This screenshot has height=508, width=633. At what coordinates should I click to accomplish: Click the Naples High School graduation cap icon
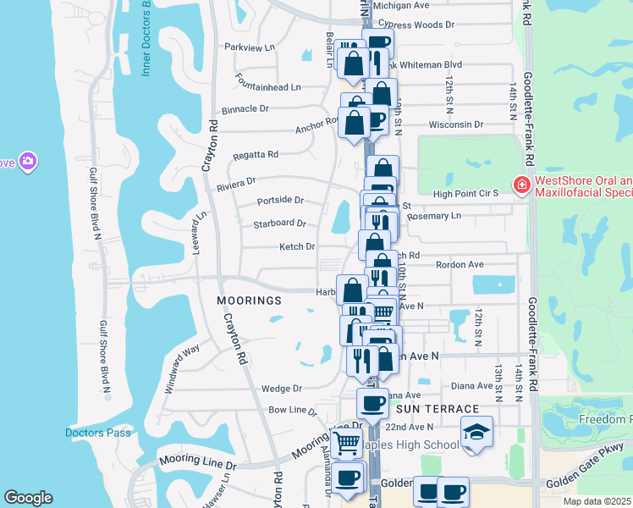click(477, 432)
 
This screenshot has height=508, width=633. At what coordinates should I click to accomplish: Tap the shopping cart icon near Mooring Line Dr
click(345, 442)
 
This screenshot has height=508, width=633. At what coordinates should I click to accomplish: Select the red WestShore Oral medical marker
click(522, 185)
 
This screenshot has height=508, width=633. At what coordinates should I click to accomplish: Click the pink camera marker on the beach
click(28, 161)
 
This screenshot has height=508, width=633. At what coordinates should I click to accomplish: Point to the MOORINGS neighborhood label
click(248, 301)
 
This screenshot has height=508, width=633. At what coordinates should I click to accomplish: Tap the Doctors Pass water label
click(98, 433)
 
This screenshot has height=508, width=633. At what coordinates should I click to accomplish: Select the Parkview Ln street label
click(250, 47)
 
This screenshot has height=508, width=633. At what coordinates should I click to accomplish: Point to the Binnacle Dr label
click(245, 109)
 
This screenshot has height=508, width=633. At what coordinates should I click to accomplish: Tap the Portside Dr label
click(280, 201)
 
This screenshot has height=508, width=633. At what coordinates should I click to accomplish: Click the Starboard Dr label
click(279, 224)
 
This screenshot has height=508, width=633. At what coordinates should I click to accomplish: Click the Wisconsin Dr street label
click(455, 124)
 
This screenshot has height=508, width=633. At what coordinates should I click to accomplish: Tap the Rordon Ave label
click(459, 265)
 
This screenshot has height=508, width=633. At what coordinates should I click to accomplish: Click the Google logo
click(28, 498)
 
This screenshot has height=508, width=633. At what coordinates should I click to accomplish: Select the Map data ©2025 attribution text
click(597, 501)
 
